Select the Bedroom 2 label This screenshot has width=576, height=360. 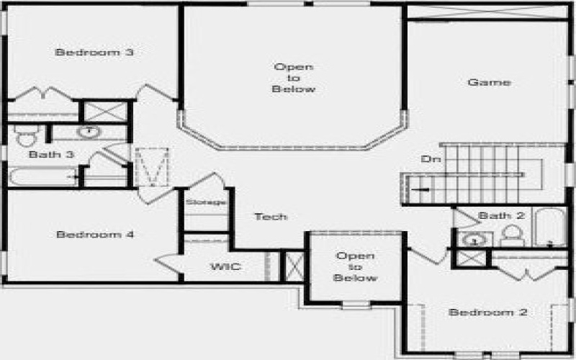pos(488,312)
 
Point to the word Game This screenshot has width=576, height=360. pos(490,82)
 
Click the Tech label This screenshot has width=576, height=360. pos(271,216)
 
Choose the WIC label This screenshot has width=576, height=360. pos(225,267)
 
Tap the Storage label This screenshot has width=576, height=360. pos(207,202)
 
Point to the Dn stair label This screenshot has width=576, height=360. pos(428,159)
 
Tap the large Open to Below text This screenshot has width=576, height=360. pos(294,78)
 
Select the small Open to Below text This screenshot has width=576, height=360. pos(356,266)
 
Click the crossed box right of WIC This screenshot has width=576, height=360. pos(292,265)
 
